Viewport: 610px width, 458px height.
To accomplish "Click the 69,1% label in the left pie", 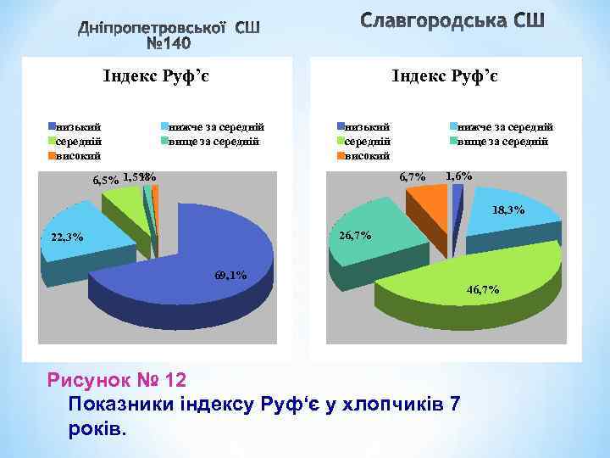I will [x=230, y=274].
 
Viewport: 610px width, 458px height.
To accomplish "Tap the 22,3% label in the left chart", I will [x=68, y=237].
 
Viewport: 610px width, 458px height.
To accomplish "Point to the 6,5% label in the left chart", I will [x=105, y=181].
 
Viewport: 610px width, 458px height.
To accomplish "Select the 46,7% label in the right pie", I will [x=483, y=290].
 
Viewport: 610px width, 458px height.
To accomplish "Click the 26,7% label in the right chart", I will [x=355, y=235].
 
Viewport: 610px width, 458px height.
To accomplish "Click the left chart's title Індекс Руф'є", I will [x=156, y=77].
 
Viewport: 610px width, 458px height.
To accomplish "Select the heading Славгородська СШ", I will [x=452, y=20].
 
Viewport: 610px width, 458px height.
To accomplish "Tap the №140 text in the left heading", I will [x=169, y=42].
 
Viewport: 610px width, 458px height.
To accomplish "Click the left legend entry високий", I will [x=78, y=155].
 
